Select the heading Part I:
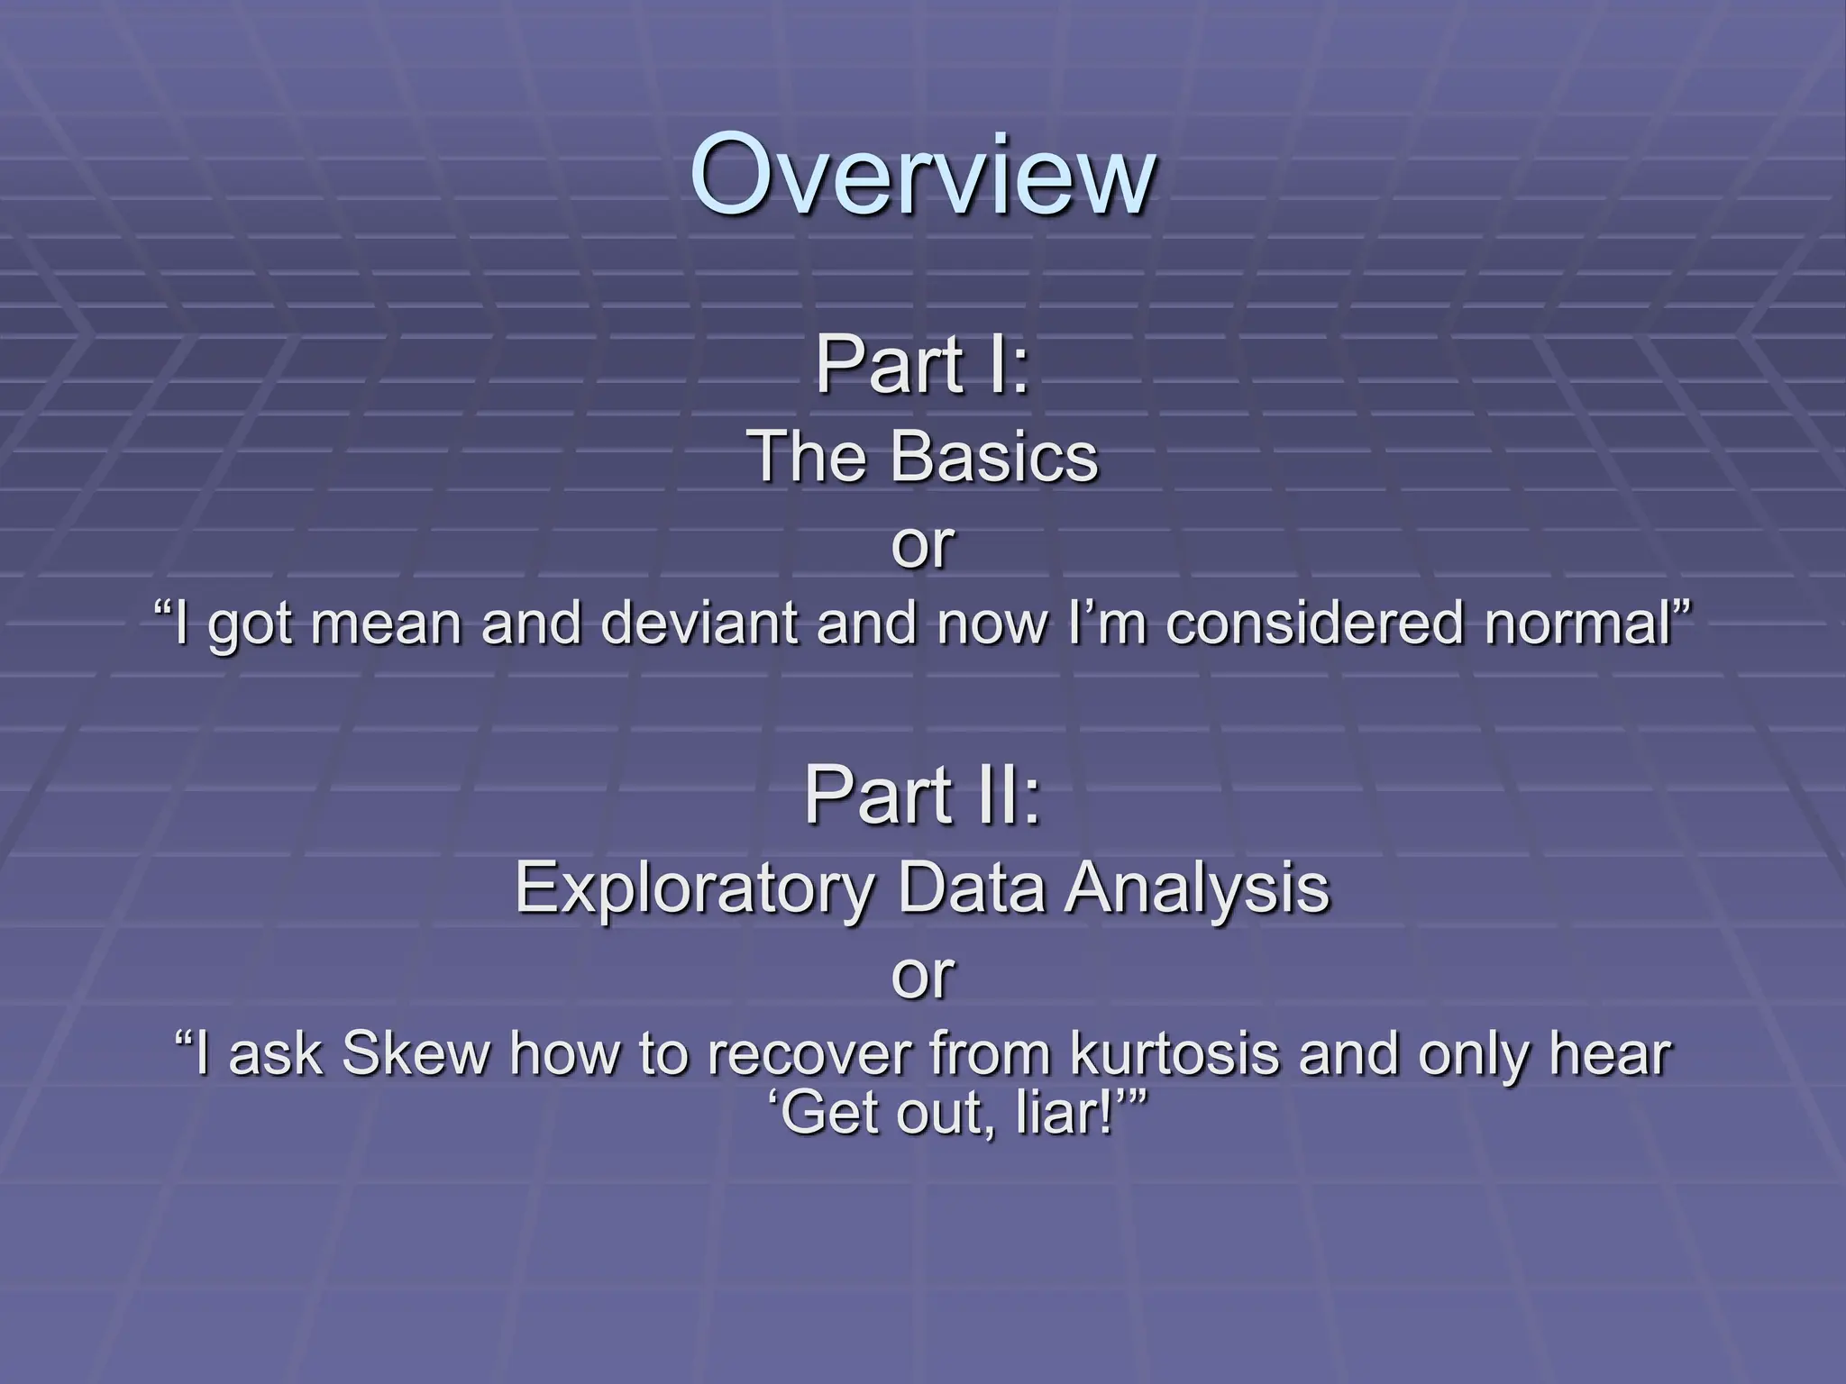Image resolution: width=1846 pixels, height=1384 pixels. coord(922,366)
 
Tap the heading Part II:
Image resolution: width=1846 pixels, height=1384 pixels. coord(922,795)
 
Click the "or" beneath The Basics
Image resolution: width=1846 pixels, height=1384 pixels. coord(922,544)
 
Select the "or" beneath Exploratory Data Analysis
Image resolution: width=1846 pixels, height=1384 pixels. coord(922,974)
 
